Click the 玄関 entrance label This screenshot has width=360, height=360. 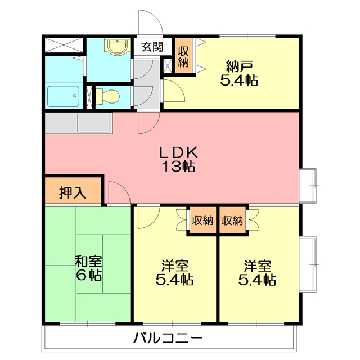151,47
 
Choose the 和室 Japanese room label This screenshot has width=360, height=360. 88,261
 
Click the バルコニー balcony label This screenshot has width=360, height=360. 168,339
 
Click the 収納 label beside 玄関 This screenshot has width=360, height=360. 183,56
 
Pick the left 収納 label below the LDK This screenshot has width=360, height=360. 201,220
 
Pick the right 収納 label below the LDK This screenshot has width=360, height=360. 232,220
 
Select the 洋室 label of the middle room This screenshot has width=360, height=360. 175,265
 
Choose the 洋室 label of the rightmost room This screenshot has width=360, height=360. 258,265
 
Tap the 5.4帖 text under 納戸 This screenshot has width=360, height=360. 238,80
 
